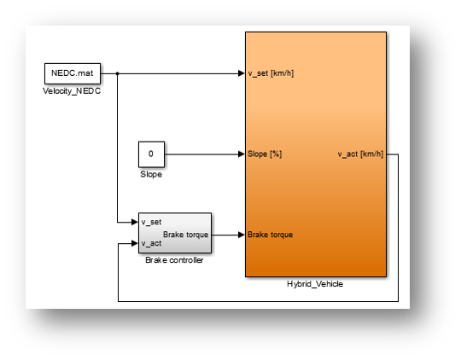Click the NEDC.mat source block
[73, 73]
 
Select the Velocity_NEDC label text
[72, 91]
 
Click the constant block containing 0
[150, 154]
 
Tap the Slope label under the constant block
[150, 174]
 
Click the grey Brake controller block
[175, 233]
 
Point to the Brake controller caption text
[175, 260]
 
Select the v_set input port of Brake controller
[150, 223]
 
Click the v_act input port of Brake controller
[150, 242]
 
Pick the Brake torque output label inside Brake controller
[185, 233]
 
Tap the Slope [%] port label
[265, 154]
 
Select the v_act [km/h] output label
[360, 154]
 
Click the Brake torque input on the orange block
[271, 234]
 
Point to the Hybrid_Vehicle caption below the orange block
[315, 284]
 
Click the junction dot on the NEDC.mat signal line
[117, 73]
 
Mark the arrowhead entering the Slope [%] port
[241, 154]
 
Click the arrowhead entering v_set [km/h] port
[241, 73]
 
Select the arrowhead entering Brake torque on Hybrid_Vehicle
[241, 234]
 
